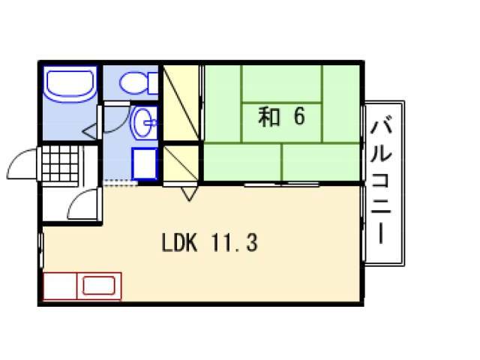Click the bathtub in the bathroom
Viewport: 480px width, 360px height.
click(x=70, y=84)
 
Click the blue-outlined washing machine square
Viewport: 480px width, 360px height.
click(x=145, y=163)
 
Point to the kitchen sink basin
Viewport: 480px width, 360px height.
click(x=98, y=286)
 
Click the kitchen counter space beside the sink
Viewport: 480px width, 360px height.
click(x=60, y=286)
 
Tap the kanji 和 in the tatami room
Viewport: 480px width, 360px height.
click(x=269, y=117)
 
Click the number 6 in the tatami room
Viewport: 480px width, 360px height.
click(x=299, y=116)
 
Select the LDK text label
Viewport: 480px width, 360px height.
click(x=179, y=242)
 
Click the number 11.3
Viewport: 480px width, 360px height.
click(x=234, y=242)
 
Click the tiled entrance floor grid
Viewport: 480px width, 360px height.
click(x=60, y=163)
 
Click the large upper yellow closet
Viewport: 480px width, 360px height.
click(x=181, y=102)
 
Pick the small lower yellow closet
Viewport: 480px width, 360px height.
click(x=181, y=163)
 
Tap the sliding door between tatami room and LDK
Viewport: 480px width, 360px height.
click(x=282, y=184)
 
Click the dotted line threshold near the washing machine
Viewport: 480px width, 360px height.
click(x=120, y=183)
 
